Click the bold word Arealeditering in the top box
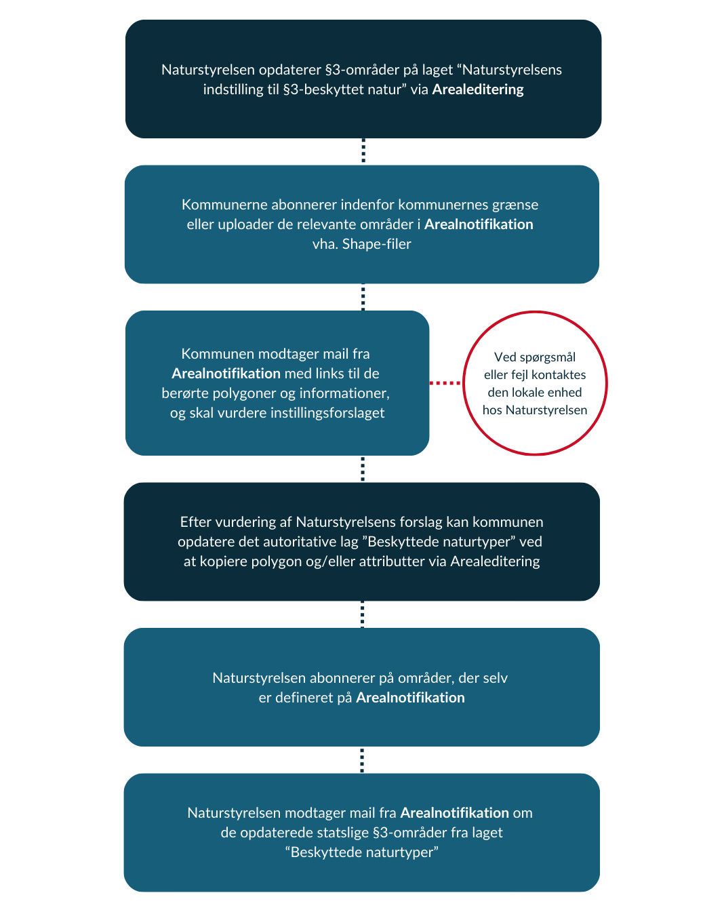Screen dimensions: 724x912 click(x=477, y=90)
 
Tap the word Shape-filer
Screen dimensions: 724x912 click(x=376, y=243)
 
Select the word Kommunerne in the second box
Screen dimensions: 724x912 click(x=224, y=205)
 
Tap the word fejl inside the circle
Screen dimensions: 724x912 click(x=520, y=375)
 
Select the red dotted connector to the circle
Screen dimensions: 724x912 click(x=445, y=383)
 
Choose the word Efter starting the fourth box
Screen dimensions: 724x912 click(x=196, y=522)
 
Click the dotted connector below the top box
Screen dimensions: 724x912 click(x=363, y=151)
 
